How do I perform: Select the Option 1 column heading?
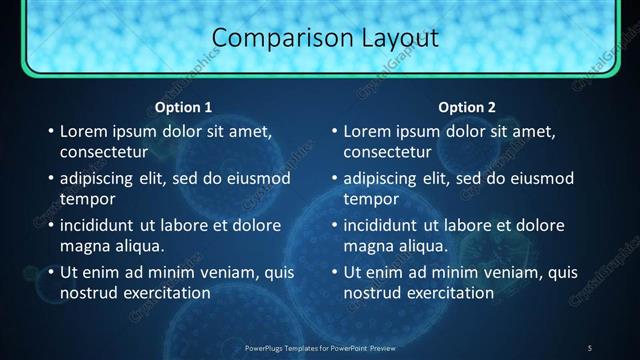[184, 107]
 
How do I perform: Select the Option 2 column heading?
[467, 107]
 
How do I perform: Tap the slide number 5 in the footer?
[589, 347]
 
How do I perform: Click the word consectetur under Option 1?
[104, 153]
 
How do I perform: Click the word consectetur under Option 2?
[388, 153]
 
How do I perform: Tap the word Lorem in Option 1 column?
[84, 131]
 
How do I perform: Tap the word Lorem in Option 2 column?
[368, 131]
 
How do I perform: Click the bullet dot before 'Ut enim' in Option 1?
[50, 271]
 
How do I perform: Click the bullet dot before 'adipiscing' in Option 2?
[334, 178]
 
